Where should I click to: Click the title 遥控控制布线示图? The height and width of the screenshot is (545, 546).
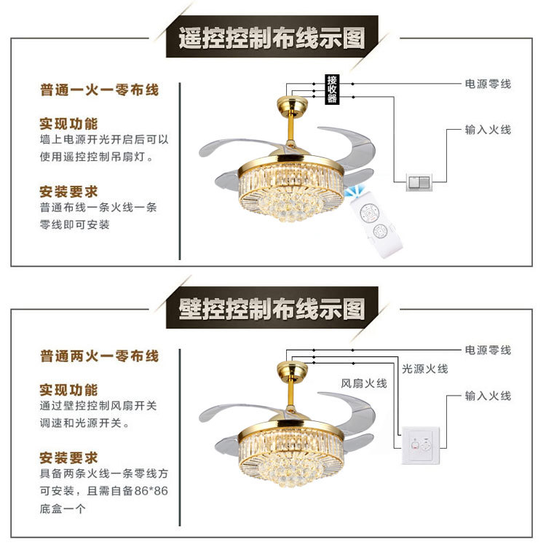[272, 39]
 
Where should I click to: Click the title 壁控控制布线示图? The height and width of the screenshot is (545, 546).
[272, 309]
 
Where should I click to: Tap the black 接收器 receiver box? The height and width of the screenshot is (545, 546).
[332, 89]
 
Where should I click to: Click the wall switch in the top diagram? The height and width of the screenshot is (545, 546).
[420, 181]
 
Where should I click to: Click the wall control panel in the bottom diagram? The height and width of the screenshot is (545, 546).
[420, 446]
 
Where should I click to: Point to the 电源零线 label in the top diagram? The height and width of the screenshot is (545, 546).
[488, 84]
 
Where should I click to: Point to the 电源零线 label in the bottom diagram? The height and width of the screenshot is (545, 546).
[488, 350]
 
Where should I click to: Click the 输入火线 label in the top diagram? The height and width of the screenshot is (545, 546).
[488, 130]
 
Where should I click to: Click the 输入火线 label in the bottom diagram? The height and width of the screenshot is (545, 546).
[488, 396]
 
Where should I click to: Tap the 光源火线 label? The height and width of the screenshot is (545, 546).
[425, 369]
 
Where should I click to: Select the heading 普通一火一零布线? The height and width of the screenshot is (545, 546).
[99, 90]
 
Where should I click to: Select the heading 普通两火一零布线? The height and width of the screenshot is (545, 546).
[99, 356]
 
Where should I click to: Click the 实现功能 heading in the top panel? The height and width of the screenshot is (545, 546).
[68, 122]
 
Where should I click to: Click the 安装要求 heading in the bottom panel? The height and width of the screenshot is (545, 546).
[68, 458]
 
